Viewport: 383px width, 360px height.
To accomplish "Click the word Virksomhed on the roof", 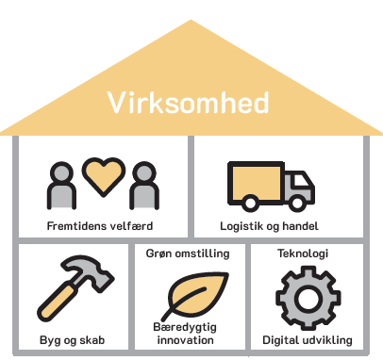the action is pyautogui.click(x=188, y=103).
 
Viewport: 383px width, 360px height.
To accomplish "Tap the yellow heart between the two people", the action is pyautogui.click(x=104, y=176).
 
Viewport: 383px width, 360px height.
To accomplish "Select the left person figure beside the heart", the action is pyautogui.click(x=61, y=186).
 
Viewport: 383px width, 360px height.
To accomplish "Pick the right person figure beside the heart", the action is pyautogui.click(x=144, y=186).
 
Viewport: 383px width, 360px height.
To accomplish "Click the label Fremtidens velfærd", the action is pyautogui.click(x=100, y=226).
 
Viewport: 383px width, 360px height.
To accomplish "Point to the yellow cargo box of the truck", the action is pyautogui.click(x=256, y=183).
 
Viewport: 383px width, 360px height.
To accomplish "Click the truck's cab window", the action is pyautogui.click(x=300, y=181).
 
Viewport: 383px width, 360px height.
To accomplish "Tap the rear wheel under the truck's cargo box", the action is pyautogui.click(x=250, y=203).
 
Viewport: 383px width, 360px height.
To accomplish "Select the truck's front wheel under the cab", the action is pyautogui.click(x=296, y=203).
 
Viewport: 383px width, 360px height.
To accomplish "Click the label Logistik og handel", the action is pyautogui.click(x=269, y=226).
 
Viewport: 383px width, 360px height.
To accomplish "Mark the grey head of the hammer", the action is pyautogui.click(x=90, y=272).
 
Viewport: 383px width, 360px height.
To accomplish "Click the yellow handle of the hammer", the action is pyautogui.click(x=57, y=302).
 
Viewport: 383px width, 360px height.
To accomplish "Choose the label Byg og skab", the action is pyautogui.click(x=72, y=340).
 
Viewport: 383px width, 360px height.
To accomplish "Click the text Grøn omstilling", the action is pyautogui.click(x=188, y=254).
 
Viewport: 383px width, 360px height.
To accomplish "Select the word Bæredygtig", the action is pyautogui.click(x=185, y=327).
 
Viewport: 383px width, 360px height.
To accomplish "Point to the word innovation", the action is pyautogui.click(x=185, y=340).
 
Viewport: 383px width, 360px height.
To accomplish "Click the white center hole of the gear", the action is pyautogui.click(x=308, y=298).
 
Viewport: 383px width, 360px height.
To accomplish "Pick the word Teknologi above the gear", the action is pyautogui.click(x=303, y=254).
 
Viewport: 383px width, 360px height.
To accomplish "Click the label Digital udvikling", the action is pyautogui.click(x=308, y=340).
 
